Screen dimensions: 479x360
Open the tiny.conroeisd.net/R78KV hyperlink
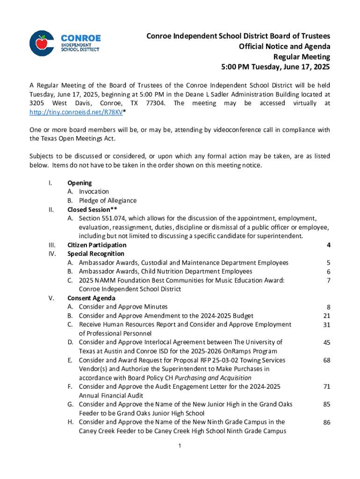click(x=74, y=112)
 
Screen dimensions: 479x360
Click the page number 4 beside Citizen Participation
click(x=329, y=245)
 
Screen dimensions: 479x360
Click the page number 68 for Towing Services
click(x=327, y=361)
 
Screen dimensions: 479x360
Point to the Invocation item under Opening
click(x=94, y=191)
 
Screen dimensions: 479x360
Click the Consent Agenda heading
click(x=91, y=298)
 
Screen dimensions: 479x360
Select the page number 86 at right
click(x=327, y=422)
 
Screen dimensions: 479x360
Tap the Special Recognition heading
click(x=96, y=254)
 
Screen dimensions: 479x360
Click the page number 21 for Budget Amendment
click(x=327, y=316)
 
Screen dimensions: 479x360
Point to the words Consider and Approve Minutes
click(x=123, y=307)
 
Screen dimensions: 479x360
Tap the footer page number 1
click(x=180, y=446)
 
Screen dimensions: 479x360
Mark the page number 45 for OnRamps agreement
click(x=327, y=343)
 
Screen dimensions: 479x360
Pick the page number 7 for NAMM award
click(x=329, y=281)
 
